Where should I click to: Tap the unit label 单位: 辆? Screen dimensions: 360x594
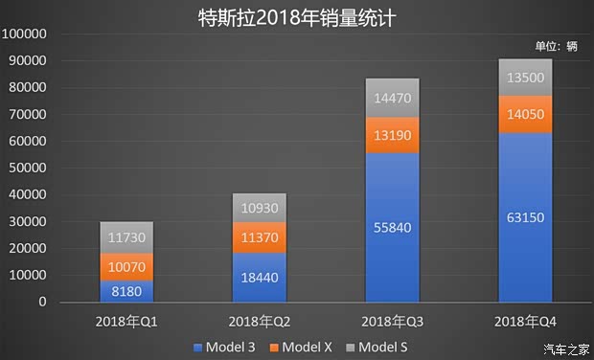tap(556, 45)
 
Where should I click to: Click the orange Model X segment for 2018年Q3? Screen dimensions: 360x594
tap(391, 135)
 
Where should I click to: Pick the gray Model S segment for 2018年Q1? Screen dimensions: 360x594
tap(126, 236)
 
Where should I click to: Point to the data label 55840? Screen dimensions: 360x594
tap(391, 227)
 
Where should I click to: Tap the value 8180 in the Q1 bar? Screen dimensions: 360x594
tap(126, 291)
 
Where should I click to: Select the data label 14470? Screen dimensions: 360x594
tap(391, 98)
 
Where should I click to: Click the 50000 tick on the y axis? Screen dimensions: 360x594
tap(28, 169)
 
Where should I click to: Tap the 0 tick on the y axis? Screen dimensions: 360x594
tap(43, 303)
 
